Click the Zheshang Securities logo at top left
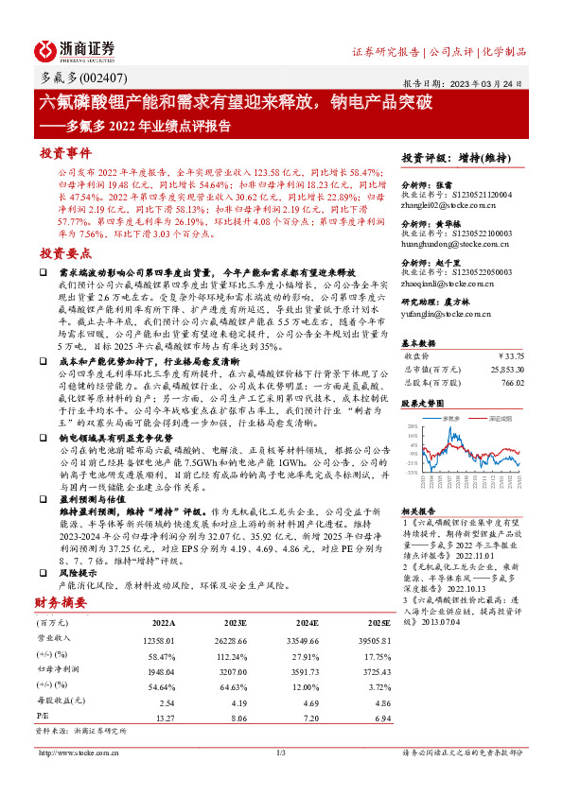click(76, 50)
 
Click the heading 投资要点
click(65, 253)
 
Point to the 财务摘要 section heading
click(62, 602)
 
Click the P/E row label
click(44, 718)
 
